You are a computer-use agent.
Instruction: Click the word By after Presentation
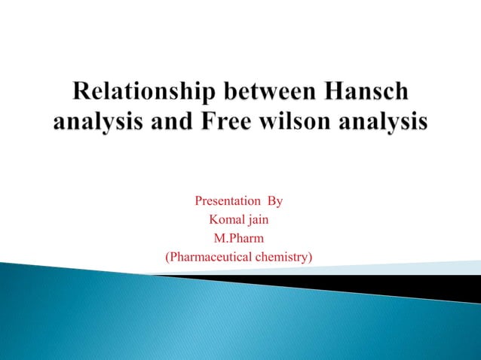point(275,202)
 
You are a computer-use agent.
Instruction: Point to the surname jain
point(259,221)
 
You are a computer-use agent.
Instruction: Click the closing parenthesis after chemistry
point(311,258)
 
